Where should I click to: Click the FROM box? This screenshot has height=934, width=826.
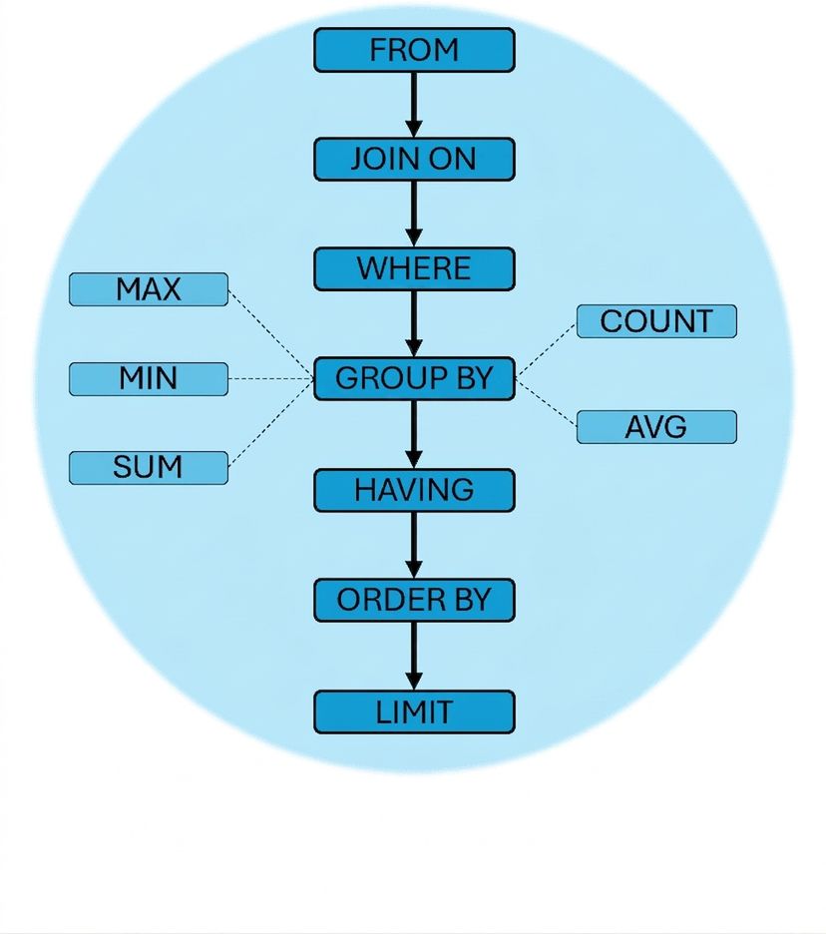[414, 50]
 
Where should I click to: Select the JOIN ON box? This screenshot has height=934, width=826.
[414, 159]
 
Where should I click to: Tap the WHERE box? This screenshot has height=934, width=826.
[414, 268]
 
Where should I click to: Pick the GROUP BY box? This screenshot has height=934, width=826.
[414, 378]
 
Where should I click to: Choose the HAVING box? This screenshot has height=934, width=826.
[414, 490]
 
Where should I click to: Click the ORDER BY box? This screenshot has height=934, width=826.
[414, 600]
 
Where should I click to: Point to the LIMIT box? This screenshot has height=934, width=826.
[414, 711]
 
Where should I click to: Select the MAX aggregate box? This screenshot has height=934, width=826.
[149, 289]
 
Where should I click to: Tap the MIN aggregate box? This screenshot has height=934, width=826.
[149, 379]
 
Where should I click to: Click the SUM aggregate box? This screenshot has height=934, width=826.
[149, 468]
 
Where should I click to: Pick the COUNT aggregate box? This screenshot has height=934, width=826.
[656, 321]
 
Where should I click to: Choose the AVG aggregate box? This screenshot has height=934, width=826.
[656, 427]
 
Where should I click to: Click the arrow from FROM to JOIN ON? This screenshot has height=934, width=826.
[414, 105]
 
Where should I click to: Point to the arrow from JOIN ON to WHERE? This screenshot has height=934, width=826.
[414, 214]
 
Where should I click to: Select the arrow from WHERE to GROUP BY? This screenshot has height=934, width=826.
[414, 324]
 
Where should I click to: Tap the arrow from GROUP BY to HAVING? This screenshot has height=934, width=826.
[414, 434]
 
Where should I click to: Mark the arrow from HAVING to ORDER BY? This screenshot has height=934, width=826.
[414, 545]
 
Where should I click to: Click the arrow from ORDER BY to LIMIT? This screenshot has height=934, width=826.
[414, 656]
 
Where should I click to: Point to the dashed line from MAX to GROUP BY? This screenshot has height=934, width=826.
[271, 334]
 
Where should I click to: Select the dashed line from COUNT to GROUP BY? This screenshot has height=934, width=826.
[546, 350]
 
